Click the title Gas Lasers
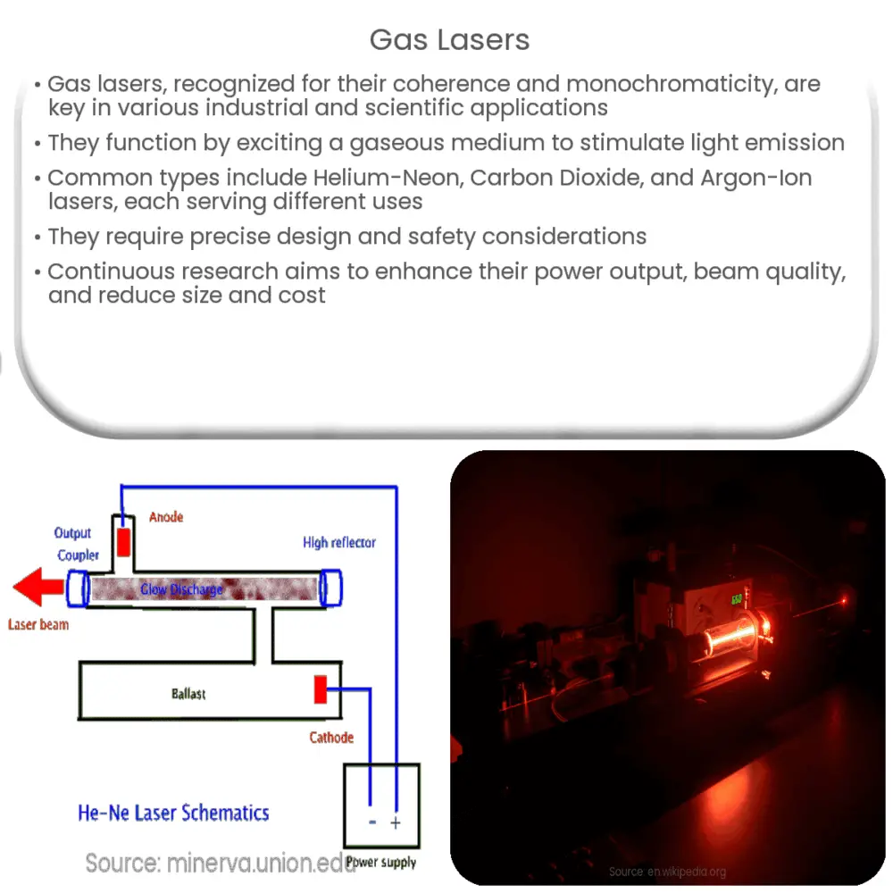click(449, 40)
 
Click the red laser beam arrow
click(38, 587)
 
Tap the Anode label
click(166, 517)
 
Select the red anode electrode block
click(123, 542)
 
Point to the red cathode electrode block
click(321, 689)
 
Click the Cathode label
click(331, 738)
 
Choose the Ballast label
click(188, 694)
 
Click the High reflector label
click(339, 542)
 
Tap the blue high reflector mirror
click(330, 588)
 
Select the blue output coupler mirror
click(78, 588)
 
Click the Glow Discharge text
click(181, 589)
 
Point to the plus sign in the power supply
click(396, 823)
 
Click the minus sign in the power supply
click(372, 822)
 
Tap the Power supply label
click(381, 863)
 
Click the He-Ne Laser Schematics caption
click(173, 813)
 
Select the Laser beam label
click(38, 625)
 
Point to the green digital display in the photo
click(737, 599)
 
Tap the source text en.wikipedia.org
click(667, 872)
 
